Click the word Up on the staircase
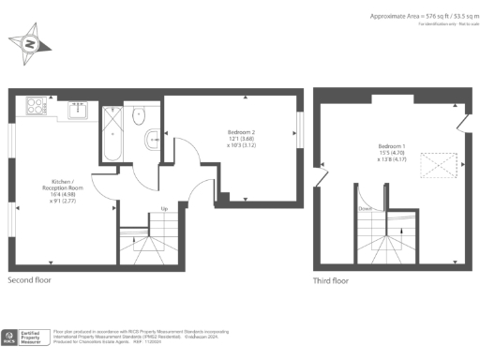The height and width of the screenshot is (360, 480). [x=164, y=208]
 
